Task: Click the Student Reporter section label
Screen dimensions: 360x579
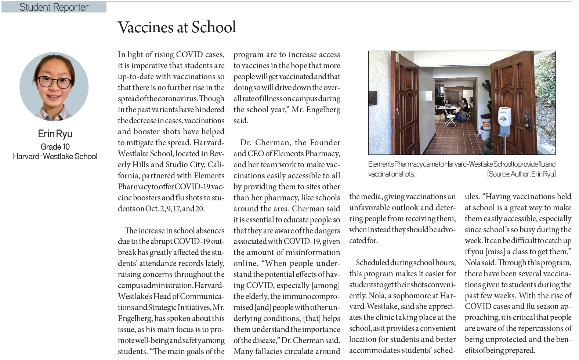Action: point(54,7)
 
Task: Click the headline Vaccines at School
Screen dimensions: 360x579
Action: point(177,28)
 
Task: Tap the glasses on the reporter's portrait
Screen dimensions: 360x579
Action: point(54,81)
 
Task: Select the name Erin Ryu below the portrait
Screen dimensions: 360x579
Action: point(55,134)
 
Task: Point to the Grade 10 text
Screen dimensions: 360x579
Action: point(55,147)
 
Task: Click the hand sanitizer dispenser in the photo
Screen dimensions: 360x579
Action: point(504,117)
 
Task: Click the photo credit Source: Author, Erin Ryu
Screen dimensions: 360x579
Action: point(521,174)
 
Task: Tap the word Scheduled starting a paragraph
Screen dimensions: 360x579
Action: point(372,263)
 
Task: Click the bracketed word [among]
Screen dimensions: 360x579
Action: point(326,286)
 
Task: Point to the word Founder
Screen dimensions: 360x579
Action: point(325,143)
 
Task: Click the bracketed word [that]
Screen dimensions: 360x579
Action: point(312,319)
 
